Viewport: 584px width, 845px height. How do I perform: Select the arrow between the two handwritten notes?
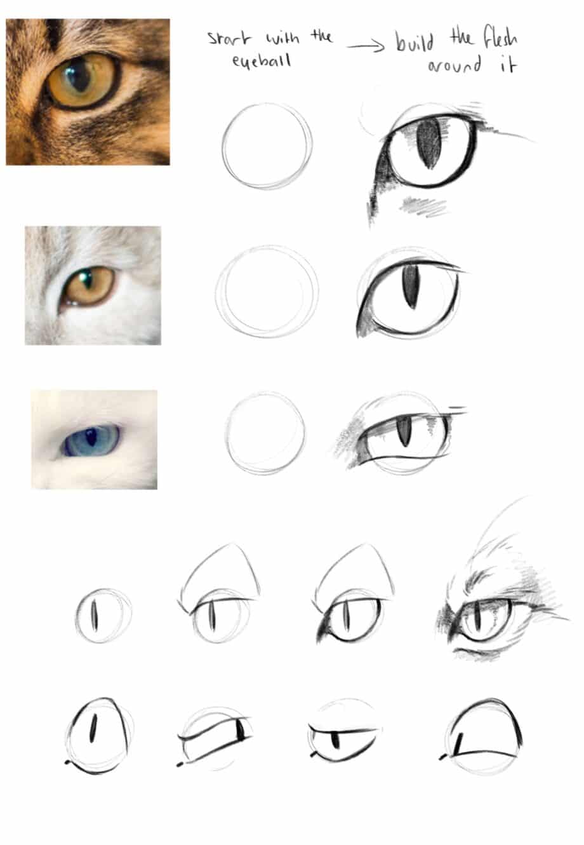[366, 47]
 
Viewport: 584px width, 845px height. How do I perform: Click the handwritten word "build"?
[415, 42]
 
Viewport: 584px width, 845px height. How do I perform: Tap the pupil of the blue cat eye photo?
[91, 438]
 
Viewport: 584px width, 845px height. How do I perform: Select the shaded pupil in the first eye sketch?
[430, 144]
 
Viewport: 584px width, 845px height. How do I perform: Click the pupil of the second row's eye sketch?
[411, 285]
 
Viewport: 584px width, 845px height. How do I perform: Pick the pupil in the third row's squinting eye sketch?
[403, 432]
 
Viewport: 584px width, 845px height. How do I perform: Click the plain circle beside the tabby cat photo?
[267, 146]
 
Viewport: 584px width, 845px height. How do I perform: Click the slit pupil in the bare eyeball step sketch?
[94, 615]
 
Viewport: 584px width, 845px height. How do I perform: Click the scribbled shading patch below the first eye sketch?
[425, 205]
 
